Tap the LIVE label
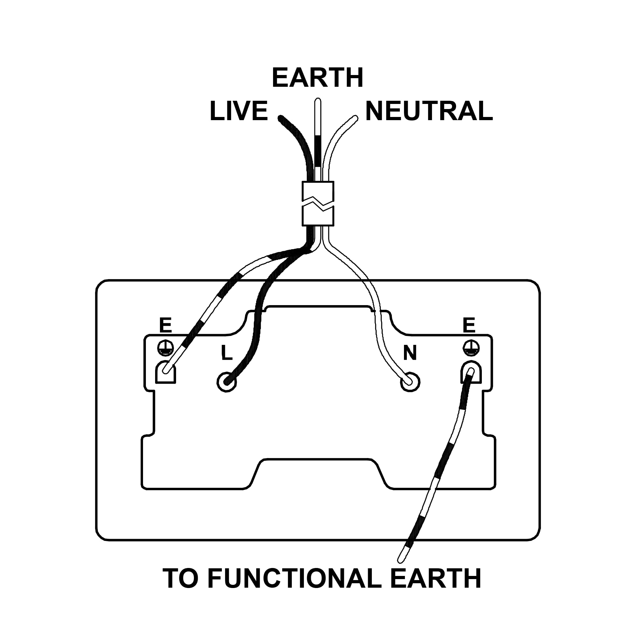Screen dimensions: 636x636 click(x=239, y=111)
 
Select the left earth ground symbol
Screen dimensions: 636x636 click(x=166, y=348)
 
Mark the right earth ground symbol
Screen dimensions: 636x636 click(x=471, y=348)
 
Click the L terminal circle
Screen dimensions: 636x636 click(x=227, y=382)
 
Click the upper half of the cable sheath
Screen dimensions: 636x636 click(x=318, y=191)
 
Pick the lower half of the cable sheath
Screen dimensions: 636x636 click(x=318, y=215)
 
